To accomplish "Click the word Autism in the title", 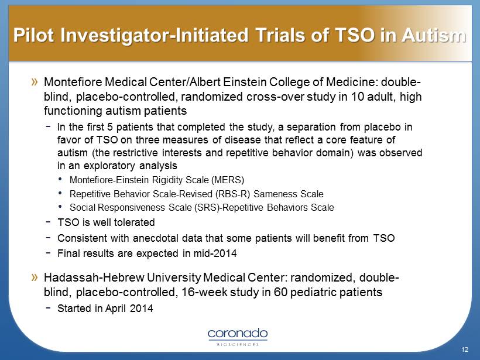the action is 434,35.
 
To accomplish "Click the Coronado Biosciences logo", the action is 238,337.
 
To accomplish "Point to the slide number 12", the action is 465,349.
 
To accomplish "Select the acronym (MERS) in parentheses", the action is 228,180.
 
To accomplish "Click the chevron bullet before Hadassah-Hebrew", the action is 35,277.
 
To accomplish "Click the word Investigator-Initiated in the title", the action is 155,35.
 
